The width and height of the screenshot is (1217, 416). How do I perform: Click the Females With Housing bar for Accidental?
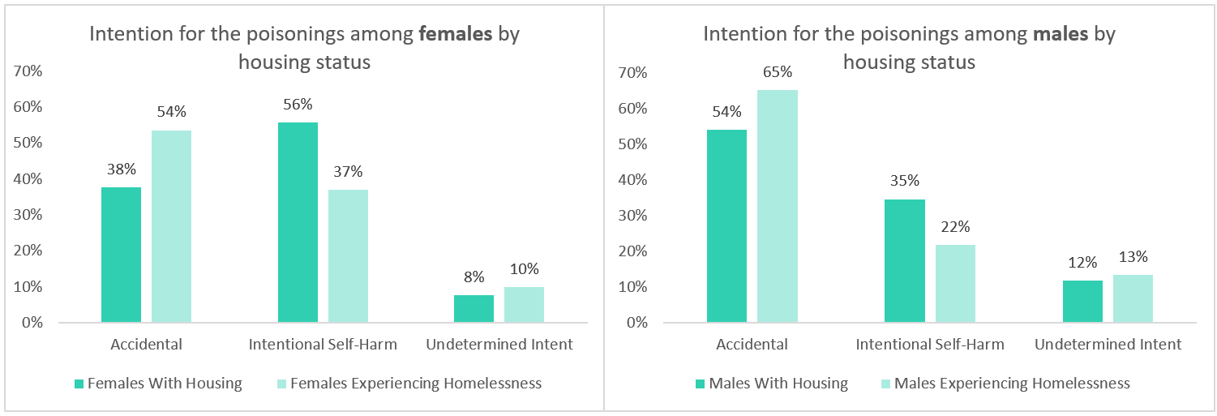[121, 255]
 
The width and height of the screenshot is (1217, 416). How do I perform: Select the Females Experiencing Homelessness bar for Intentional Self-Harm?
[349, 255]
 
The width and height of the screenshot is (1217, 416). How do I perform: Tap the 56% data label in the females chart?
[298, 105]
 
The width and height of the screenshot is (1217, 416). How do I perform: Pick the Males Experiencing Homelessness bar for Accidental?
[778, 206]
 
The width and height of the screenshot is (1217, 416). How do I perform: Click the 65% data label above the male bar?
[778, 72]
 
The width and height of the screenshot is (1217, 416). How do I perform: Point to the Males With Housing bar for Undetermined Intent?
[1082, 302]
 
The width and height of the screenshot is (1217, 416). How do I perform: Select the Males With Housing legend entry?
[772, 384]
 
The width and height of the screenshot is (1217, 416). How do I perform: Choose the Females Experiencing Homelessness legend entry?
[409, 384]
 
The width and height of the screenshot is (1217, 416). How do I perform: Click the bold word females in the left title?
[456, 34]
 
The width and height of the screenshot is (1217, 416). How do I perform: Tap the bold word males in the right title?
[1061, 34]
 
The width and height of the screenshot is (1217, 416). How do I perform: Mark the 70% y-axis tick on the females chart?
[28, 71]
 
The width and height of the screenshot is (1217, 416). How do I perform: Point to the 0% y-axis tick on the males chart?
[636, 323]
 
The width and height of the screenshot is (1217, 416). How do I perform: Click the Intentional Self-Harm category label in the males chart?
[930, 345]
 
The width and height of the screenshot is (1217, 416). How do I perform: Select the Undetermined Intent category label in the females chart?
[499, 345]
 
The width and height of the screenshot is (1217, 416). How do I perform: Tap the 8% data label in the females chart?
[474, 277]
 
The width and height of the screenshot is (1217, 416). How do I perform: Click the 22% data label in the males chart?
[956, 226]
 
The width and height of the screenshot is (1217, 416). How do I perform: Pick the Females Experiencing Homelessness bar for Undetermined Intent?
[525, 305]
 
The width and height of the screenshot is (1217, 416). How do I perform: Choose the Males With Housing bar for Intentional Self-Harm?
[905, 261]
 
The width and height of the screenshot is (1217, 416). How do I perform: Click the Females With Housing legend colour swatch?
[79, 384]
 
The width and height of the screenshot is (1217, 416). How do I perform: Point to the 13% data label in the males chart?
[1133, 257]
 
